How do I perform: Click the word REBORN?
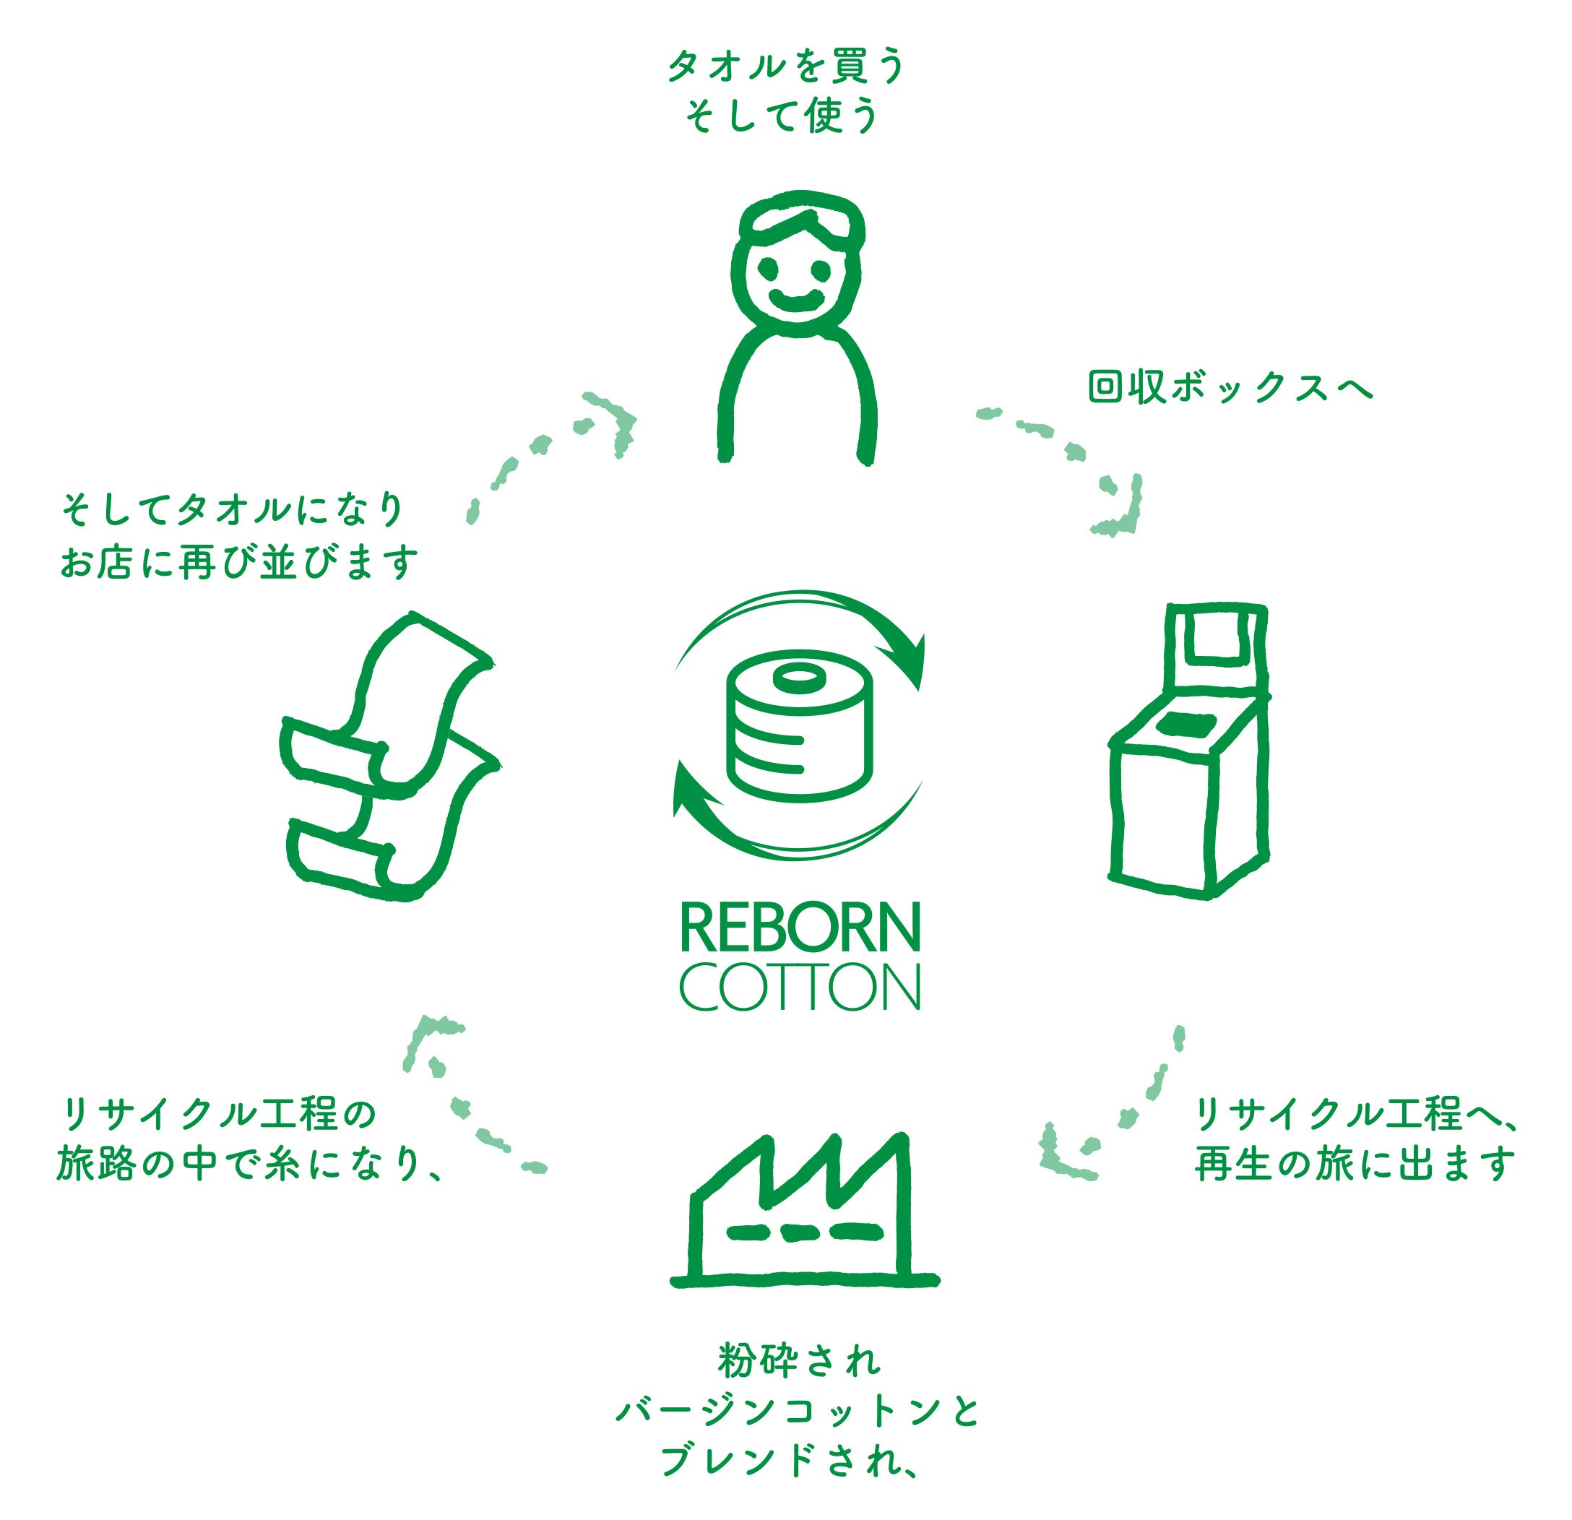tap(800, 928)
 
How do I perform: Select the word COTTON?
tap(800, 988)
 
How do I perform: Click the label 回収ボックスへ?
tap(1230, 387)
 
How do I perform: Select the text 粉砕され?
tap(799, 1361)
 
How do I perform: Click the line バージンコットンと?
tap(799, 1412)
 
